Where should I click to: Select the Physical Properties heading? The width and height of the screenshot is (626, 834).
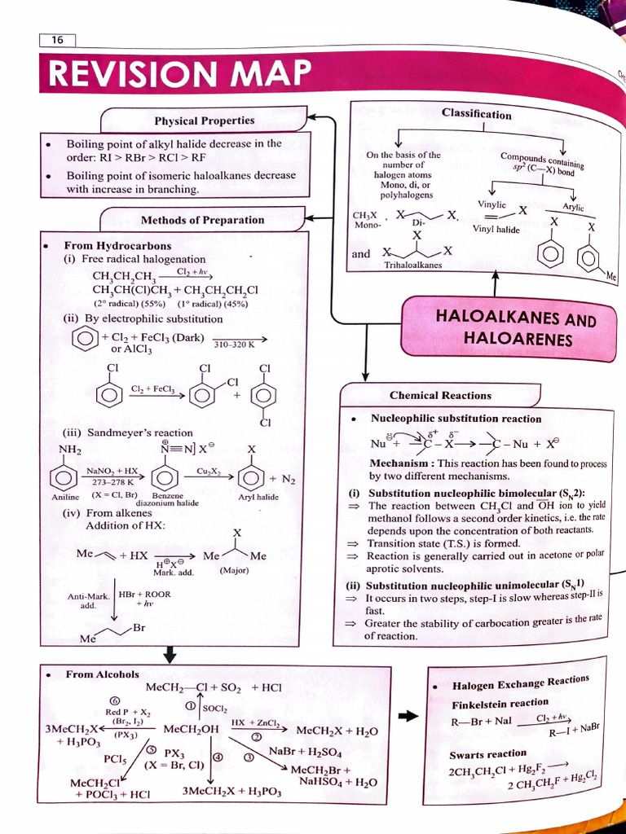click(x=204, y=121)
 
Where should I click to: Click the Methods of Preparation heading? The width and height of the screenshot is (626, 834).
click(x=202, y=220)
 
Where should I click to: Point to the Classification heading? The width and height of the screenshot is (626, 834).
click(x=477, y=114)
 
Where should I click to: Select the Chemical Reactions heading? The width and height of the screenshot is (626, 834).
click(x=440, y=396)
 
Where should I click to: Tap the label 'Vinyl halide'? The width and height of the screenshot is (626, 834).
click(x=496, y=230)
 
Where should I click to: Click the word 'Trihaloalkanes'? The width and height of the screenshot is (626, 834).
click(x=412, y=265)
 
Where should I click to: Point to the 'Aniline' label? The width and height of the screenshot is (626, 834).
click(x=65, y=497)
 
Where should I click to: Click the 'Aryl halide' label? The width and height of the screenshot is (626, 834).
click(x=258, y=497)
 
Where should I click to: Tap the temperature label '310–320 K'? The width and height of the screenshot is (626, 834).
click(x=234, y=345)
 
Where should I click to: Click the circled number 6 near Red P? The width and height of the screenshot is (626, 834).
click(x=114, y=700)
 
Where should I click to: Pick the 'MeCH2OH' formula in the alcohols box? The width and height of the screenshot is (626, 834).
click(x=191, y=729)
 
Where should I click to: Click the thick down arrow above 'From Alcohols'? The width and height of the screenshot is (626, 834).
click(x=170, y=654)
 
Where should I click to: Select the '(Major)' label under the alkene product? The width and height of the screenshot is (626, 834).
click(x=234, y=570)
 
